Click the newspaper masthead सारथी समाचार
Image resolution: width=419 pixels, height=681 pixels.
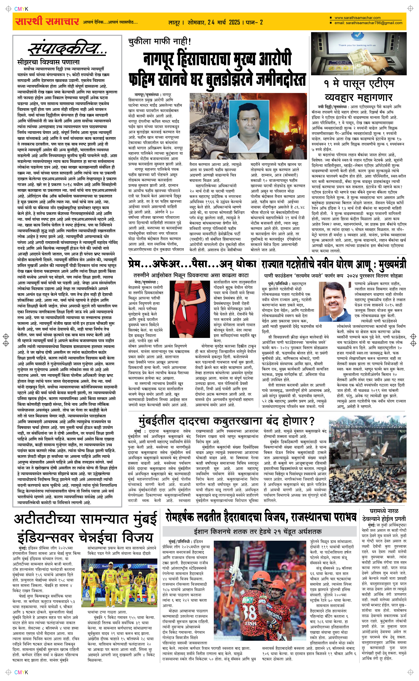tap(47, 21)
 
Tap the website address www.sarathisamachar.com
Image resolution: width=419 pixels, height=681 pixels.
tap(357, 18)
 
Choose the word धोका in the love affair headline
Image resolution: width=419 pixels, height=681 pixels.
tap(244, 264)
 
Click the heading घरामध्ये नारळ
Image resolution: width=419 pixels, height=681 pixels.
tap(384, 511)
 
